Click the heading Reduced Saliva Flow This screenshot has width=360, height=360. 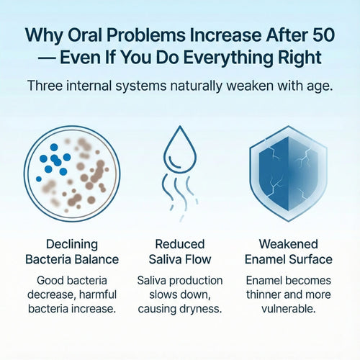coord(179,251)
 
